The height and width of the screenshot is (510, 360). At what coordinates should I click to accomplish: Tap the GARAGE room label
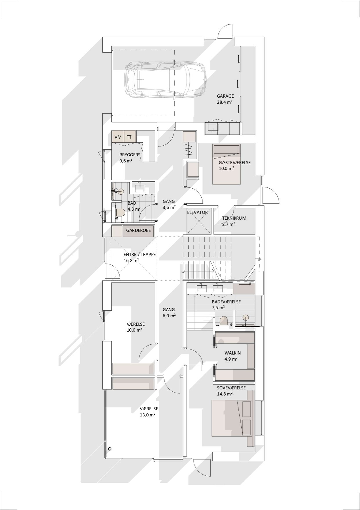coord(225,96)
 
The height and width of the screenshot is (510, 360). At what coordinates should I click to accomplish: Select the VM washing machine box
coord(118,137)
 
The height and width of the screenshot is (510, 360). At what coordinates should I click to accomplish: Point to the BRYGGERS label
coord(130,155)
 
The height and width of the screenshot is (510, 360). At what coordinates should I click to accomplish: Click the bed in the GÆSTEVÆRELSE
coord(227,164)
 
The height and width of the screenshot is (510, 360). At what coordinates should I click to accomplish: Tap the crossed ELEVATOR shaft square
coord(199,221)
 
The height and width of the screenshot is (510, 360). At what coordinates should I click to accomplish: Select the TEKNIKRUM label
coord(234,218)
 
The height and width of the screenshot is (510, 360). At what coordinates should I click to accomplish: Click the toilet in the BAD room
coord(120,213)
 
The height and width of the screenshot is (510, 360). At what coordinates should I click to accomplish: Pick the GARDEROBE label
coord(138,230)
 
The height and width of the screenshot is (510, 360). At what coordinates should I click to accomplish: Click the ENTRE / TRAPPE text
coord(140,255)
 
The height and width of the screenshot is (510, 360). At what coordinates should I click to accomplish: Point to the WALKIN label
coord(233,353)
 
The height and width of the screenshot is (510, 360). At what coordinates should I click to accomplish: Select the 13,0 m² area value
coord(147,415)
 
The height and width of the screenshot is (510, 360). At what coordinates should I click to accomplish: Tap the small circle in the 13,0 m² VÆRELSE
coord(110,449)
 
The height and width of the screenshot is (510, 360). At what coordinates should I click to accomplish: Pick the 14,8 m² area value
coord(225,394)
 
